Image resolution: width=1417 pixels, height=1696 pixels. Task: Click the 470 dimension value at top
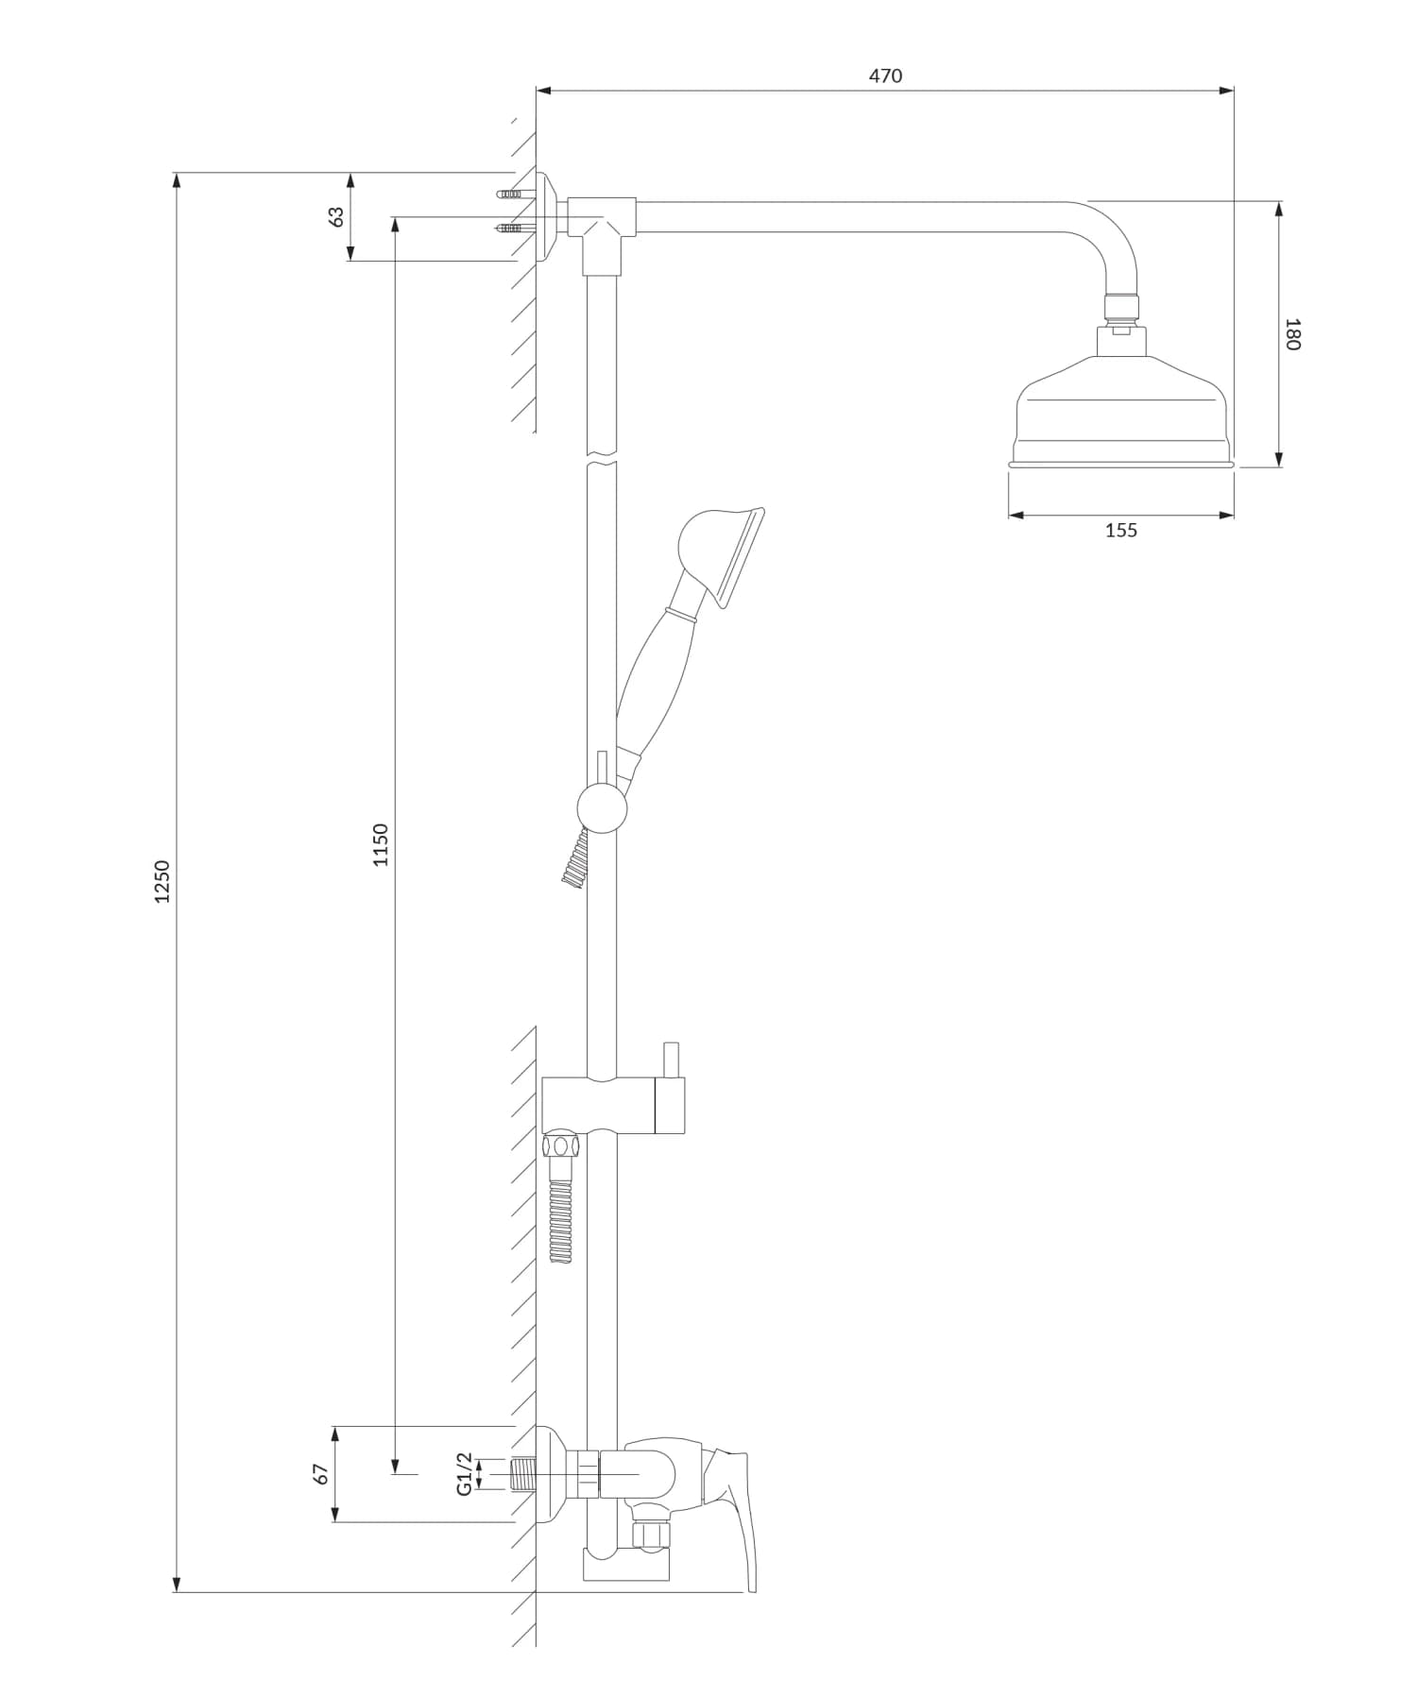point(885,76)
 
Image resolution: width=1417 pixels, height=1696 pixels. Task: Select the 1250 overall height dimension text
point(162,880)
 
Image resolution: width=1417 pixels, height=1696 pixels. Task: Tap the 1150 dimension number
point(380,845)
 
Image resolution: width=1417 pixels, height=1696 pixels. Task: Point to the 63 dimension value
point(335,217)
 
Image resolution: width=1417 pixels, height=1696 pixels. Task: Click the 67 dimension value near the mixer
point(321,1474)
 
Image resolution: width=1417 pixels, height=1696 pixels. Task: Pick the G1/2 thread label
point(464,1473)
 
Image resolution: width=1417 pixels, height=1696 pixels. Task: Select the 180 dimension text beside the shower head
point(1292,334)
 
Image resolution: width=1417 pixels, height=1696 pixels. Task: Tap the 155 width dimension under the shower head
point(1120,531)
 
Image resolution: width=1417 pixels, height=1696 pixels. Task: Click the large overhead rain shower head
point(1120,416)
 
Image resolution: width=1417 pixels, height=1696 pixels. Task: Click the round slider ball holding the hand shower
point(602,807)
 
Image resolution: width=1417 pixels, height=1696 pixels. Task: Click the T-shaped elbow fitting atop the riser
point(601,227)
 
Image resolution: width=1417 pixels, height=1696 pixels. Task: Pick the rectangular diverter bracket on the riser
point(612,1105)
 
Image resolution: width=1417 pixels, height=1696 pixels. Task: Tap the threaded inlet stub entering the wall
point(522,1473)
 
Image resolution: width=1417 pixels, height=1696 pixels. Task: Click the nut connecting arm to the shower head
point(1122,304)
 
